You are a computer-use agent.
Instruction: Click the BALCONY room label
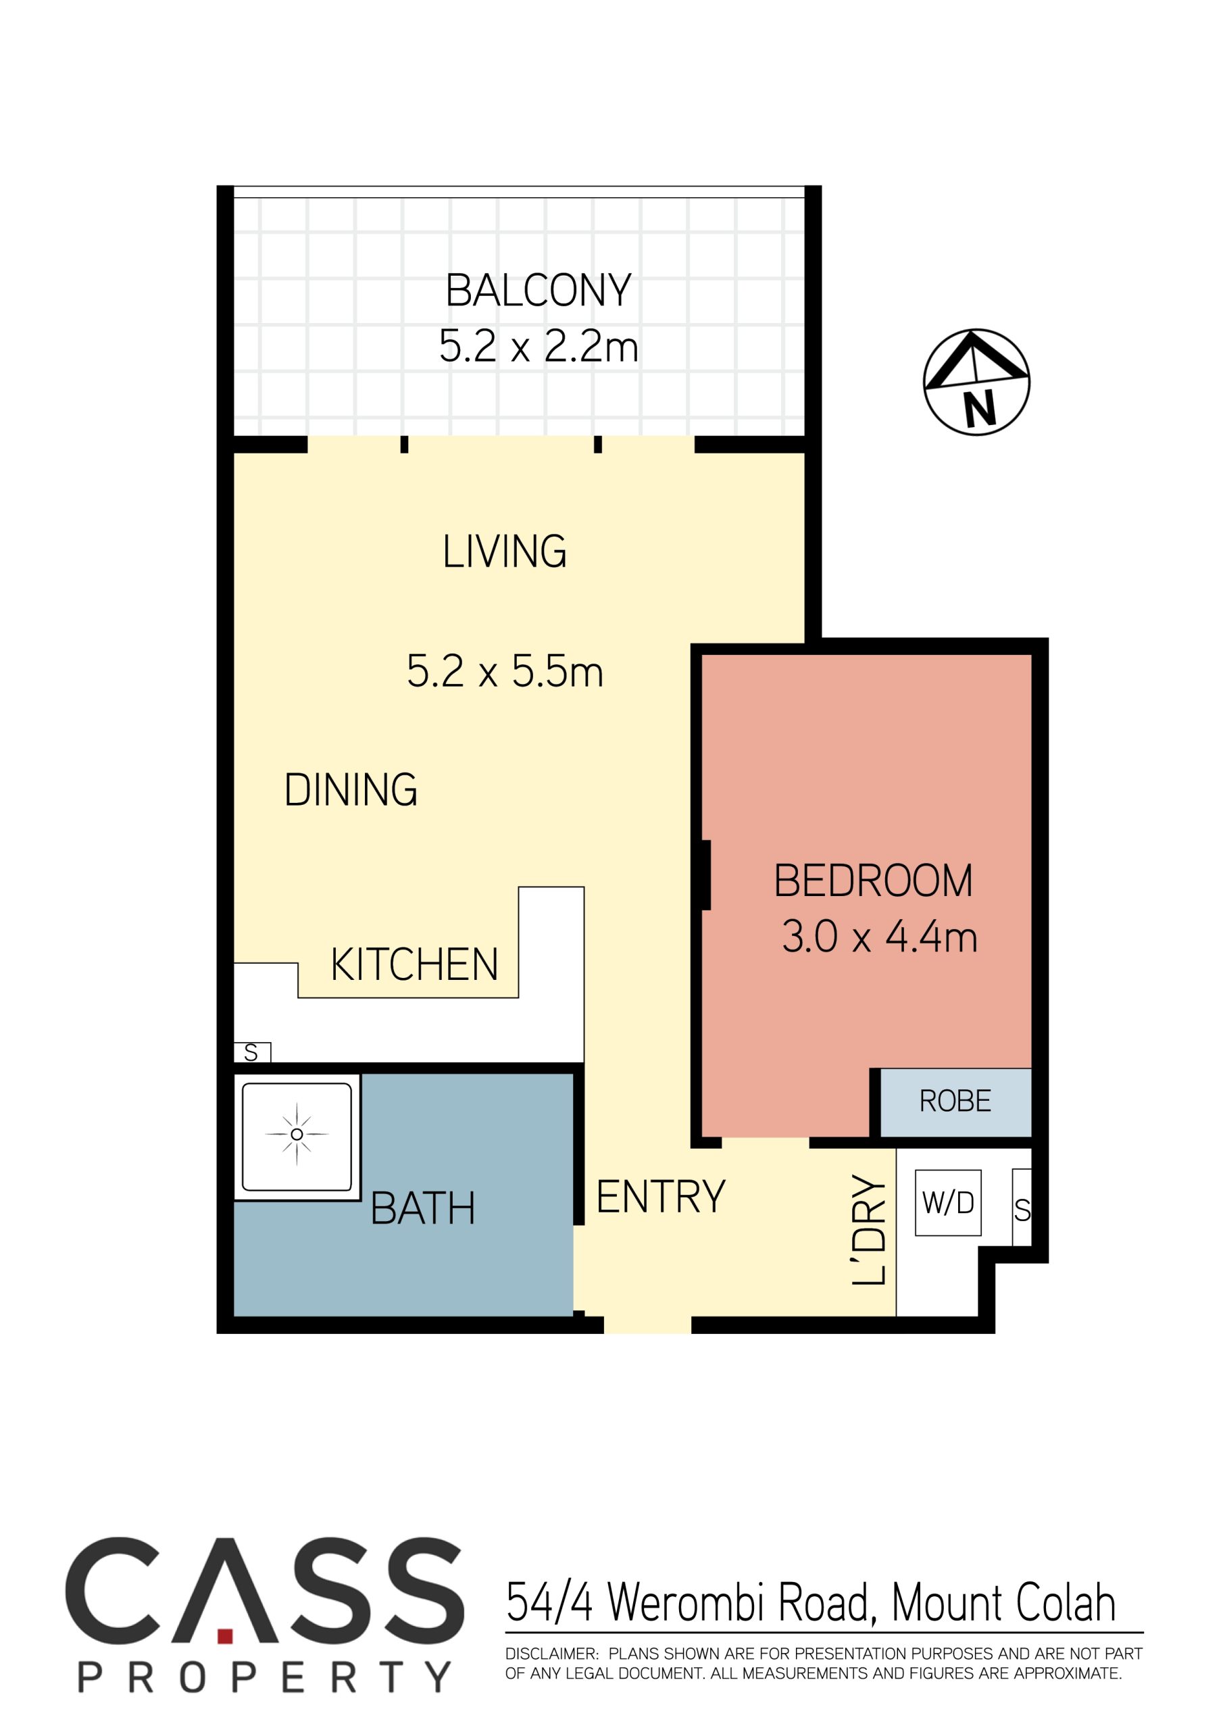(x=538, y=291)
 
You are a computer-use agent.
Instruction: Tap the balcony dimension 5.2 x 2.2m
(x=538, y=347)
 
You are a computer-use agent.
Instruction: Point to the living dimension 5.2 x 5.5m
(x=504, y=670)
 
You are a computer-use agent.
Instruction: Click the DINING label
(x=351, y=790)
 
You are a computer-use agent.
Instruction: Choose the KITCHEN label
(x=414, y=964)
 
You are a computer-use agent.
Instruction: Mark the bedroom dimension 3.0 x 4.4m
(x=878, y=937)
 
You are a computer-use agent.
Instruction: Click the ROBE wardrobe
(x=955, y=1102)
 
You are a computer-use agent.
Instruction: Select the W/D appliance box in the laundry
(x=948, y=1203)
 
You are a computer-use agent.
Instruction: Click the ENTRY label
(x=660, y=1197)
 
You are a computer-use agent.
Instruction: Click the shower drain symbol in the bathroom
(x=297, y=1135)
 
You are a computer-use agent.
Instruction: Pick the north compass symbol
(x=976, y=382)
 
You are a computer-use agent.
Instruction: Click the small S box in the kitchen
(x=251, y=1053)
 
